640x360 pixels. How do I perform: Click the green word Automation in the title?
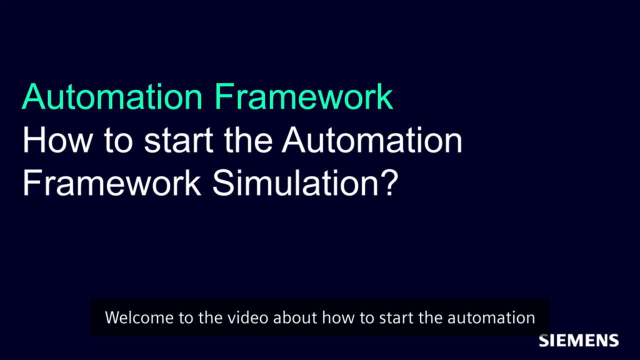112,96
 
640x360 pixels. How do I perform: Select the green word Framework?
303,96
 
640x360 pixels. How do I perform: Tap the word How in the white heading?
57,140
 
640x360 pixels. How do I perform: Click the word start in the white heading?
179,140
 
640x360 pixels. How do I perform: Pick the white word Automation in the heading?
371,140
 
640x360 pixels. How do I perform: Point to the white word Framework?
111,183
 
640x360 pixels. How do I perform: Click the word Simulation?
295,183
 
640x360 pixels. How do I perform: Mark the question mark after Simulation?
389,183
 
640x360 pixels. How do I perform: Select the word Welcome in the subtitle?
139,317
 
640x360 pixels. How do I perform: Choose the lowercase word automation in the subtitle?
491,317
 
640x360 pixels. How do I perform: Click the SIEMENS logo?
578,340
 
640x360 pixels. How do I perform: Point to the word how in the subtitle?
338,317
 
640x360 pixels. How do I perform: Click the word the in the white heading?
248,140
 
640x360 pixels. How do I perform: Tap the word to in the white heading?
118,140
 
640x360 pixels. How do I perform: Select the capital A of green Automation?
33,96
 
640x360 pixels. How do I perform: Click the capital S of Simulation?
223,183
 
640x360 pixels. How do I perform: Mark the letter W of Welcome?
113,318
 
